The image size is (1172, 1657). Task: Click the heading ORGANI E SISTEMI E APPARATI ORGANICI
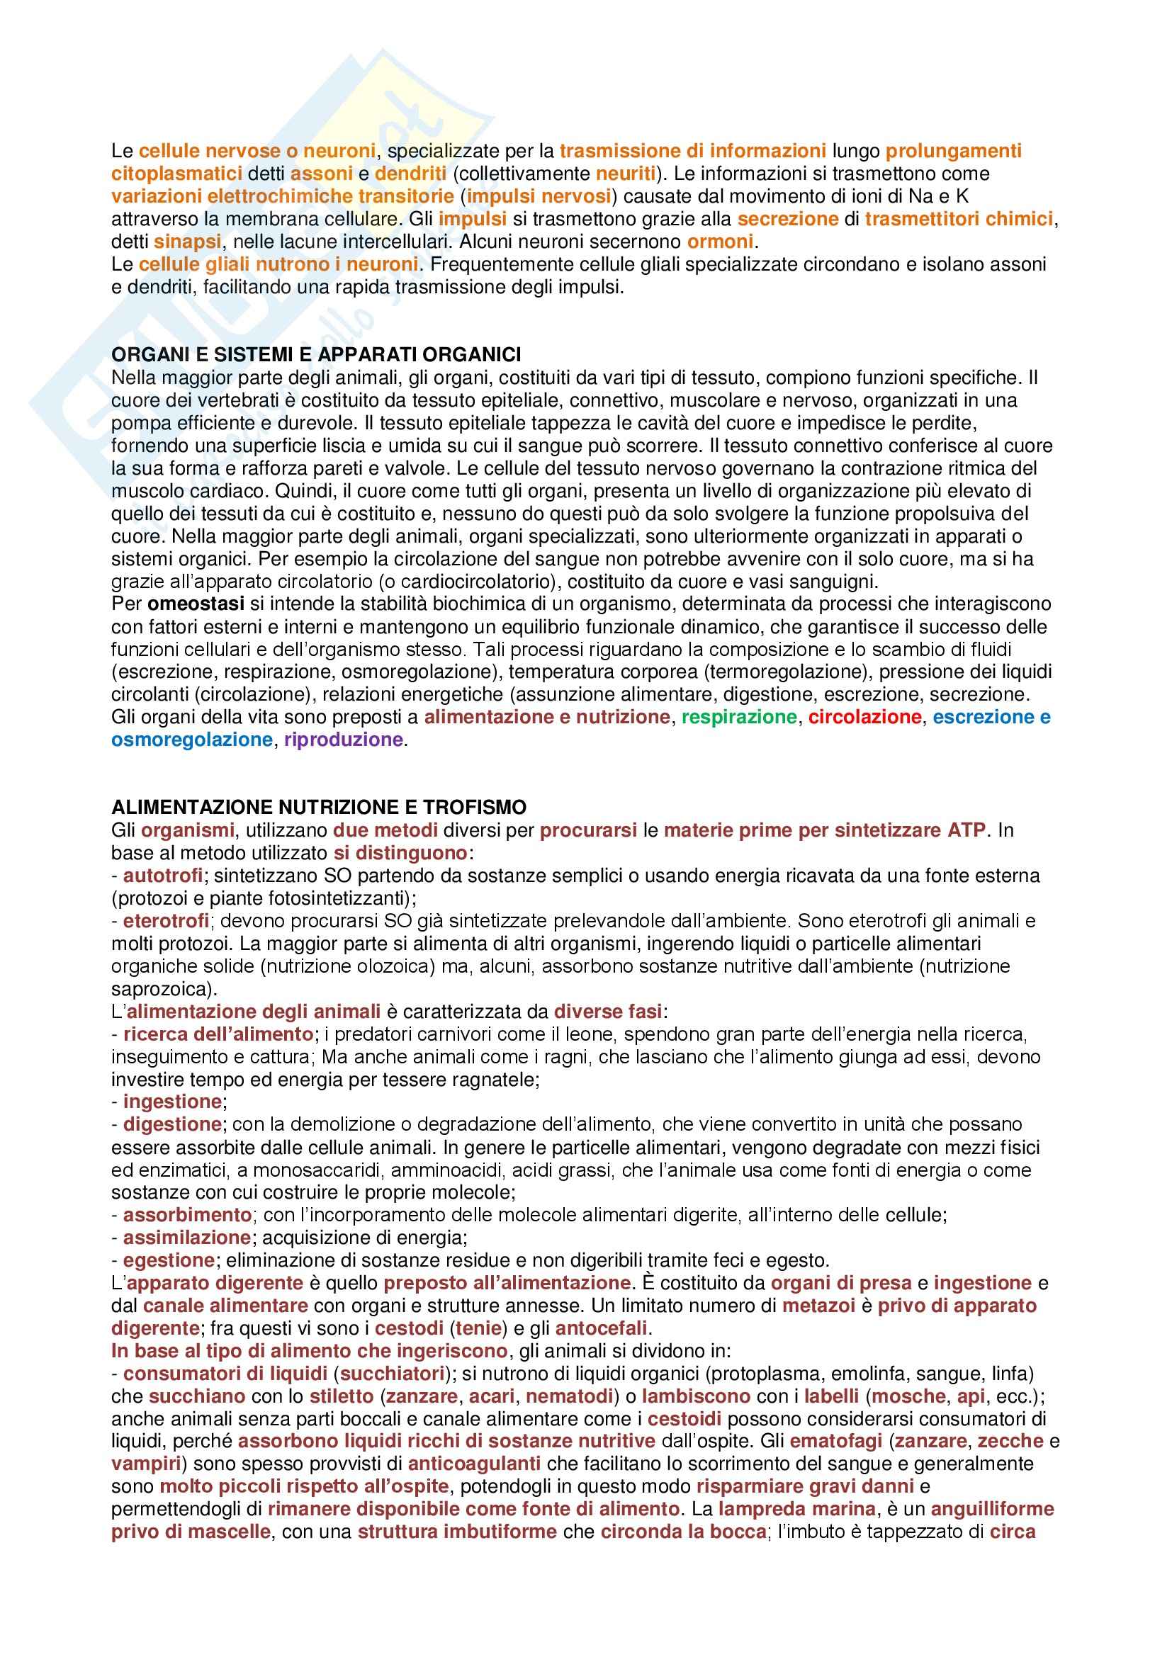(316, 354)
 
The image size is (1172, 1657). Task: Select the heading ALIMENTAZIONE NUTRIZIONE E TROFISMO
(318, 807)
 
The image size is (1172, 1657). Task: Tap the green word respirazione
(739, 717)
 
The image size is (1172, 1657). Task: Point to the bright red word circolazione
(864, 717)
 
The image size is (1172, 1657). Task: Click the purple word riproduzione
(344, 740)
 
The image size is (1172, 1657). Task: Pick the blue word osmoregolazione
(192, 740)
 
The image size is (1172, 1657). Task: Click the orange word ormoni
(720, 241)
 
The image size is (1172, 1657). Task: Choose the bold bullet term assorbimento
(188, 1216)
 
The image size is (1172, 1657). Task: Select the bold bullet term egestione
(169, 1261)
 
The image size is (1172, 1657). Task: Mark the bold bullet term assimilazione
(187, 1238)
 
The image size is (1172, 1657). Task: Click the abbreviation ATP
(966, 830)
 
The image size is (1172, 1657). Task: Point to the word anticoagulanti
(474, 1464)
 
